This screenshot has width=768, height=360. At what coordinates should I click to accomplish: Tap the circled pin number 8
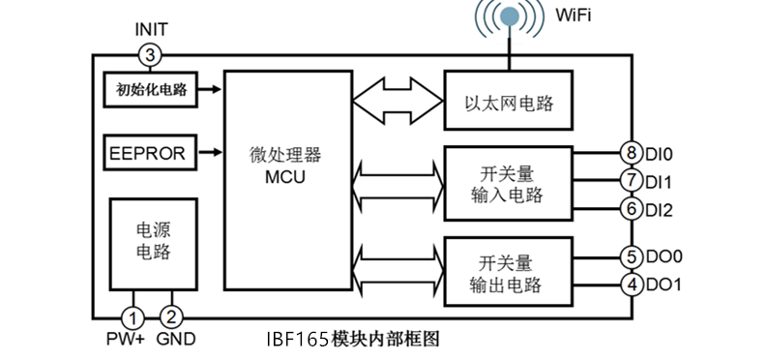tap(632, 153)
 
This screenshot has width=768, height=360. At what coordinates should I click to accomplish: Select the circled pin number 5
tap(632, 256)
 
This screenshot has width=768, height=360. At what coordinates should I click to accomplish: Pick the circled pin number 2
tap(171, 316)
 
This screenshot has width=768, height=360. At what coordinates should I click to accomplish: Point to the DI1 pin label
tap(661, 181)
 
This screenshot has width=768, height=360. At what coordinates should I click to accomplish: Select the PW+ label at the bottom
tap(125, 340)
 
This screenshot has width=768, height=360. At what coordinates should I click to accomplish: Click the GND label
tap(176, 340)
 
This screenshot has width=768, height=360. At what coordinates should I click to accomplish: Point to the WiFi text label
tap(575, 15)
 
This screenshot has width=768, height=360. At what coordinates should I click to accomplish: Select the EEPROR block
tap(149, 152)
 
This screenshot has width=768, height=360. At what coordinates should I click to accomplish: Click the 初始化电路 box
tap(149, 90)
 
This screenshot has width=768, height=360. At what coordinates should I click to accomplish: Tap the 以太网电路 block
tap(509, 101)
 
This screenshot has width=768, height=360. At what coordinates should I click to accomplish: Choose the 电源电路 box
tap(154, 240)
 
